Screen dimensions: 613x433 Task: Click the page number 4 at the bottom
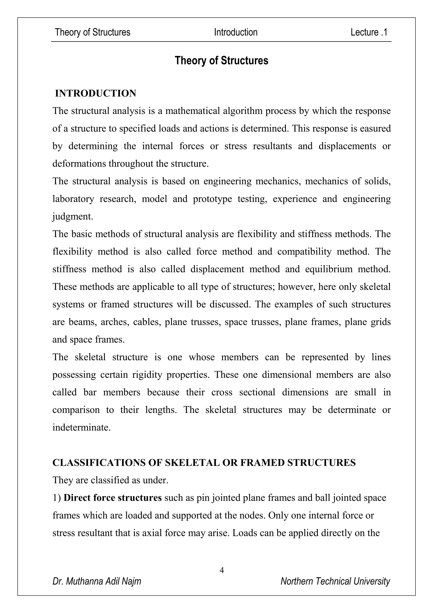tap(222, 570)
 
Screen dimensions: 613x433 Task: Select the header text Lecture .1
tap(369, 32)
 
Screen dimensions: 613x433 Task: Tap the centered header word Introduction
tap(236, 32)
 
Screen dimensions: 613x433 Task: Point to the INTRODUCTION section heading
tap(95, 93)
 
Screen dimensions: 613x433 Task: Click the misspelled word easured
tap(375, 128)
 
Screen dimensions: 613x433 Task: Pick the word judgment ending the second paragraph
tap(72, 216)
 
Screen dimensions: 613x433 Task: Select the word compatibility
tap(304, 251)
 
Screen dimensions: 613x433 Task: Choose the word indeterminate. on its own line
tap(81, 427)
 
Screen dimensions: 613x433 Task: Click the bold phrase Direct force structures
tap(112, 498)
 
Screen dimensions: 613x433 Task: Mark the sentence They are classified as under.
tap(110, 480)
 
